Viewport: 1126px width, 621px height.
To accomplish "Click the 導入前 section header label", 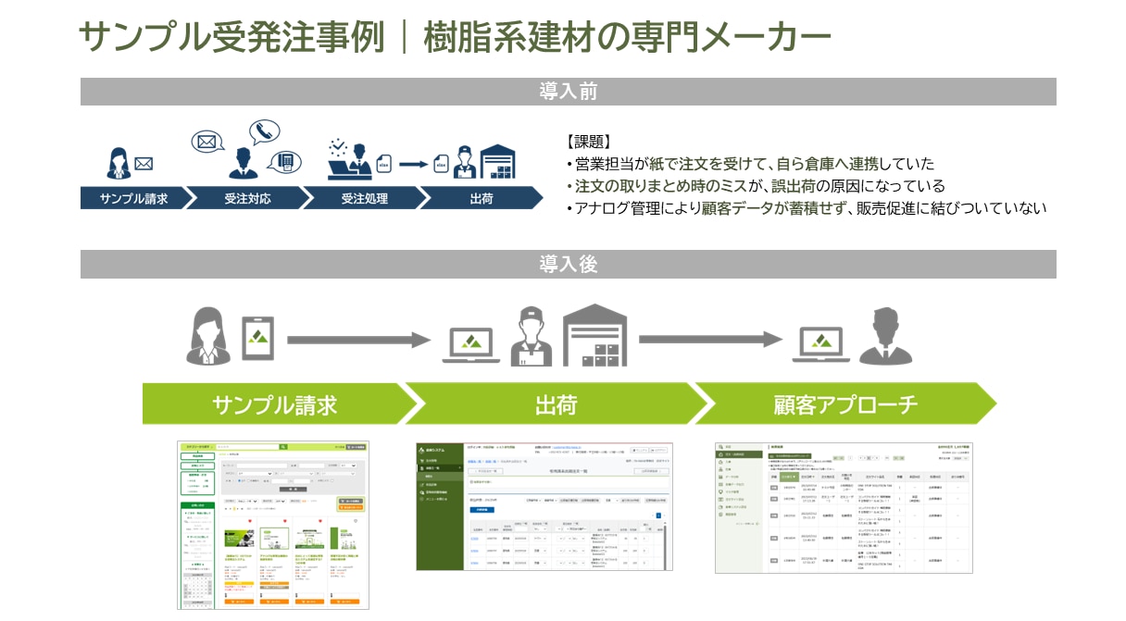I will click(568, 92).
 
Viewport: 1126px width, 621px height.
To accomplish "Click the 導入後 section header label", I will click(568, 265).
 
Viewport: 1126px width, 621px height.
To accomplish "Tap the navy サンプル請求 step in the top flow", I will click(133, 198).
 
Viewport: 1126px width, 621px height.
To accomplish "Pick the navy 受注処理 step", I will click(364, 198).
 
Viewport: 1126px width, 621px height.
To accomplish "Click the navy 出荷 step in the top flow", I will click(481, 198).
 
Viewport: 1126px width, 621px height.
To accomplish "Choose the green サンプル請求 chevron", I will click(274, 404).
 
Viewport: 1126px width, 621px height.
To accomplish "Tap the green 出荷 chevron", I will click(556, 404).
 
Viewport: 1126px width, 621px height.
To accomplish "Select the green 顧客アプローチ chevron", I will click(844, 404).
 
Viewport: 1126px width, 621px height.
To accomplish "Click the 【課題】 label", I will click(587, 142).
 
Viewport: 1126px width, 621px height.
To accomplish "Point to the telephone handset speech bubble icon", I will click(264, 130).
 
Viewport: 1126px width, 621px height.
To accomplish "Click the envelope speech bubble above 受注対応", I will click(207, 143).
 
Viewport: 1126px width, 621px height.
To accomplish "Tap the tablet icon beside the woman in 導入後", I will click(258, 338).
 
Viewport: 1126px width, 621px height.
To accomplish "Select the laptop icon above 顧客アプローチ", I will click(821, 342).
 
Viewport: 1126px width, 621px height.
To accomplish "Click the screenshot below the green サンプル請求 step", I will click(273, 524).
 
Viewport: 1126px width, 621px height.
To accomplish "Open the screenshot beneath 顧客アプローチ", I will click(844, 506).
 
